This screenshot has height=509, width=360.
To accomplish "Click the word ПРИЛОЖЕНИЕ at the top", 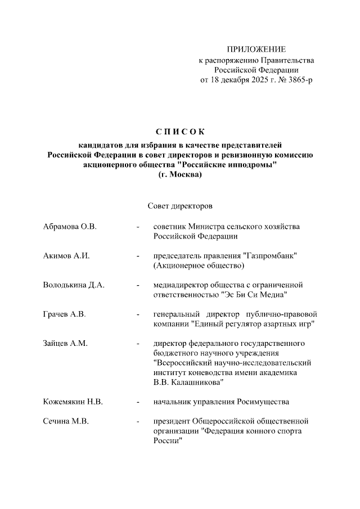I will coord(256,49).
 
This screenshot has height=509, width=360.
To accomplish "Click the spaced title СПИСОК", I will coord(179,132).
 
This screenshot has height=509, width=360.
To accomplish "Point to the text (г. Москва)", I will coord(180,174).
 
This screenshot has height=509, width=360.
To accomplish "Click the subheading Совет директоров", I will coord(179,207).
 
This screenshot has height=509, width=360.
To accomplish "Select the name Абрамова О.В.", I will coord(70,226).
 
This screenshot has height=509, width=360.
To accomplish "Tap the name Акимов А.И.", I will coord(66,255).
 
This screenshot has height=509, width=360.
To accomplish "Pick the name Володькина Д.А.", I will coord(74,285).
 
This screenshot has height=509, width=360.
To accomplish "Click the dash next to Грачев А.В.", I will coord(137,314).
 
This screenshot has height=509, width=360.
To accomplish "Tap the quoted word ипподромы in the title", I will coord(251,164).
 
